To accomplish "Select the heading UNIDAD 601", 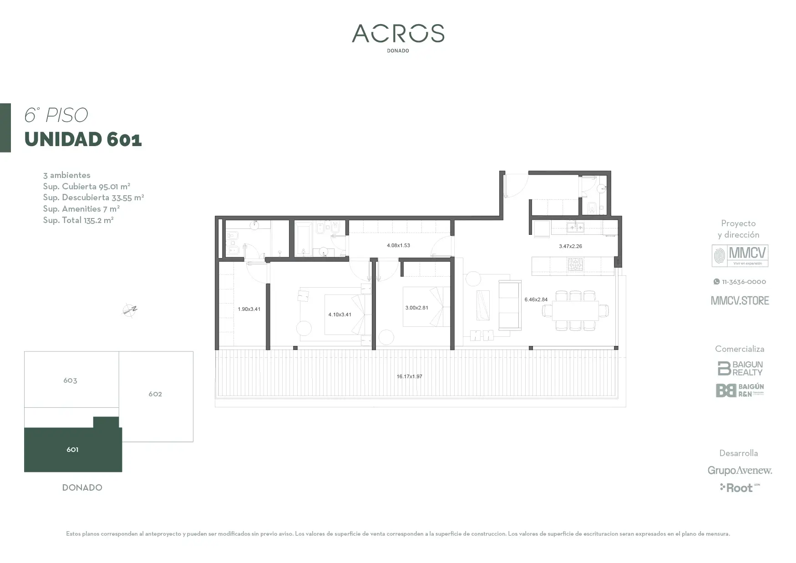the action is pos(83,139).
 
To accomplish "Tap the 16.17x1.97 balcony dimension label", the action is pos(409,376).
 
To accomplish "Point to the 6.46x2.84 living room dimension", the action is pos(536,299).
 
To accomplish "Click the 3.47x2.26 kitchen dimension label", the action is pos(570,246).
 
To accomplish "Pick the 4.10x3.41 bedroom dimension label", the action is pos(340,314).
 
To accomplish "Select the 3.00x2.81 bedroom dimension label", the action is pos(416,308).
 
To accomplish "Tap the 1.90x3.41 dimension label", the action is pos(249,309).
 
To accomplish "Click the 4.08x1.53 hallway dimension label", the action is pos(398,245).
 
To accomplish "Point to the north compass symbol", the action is pos(130,310).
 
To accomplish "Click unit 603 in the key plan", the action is pos(70,380).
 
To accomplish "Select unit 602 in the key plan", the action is pos(155,394).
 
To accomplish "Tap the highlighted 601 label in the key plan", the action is pos(72,450).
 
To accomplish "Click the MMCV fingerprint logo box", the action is pos(740,256).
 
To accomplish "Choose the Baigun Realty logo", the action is pos(740,368).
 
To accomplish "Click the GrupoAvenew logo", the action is pos(740,470).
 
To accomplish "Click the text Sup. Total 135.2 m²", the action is pos(78,220).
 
